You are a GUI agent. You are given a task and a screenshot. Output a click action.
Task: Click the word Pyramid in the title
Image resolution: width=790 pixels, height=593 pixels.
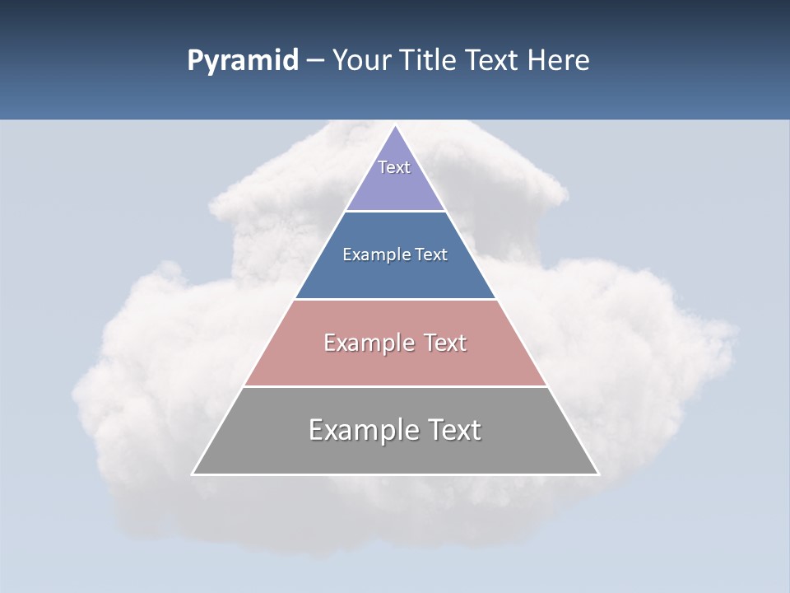pos(243,61)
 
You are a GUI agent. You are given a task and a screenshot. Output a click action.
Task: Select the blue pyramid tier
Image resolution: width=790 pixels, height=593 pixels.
pos(395,276)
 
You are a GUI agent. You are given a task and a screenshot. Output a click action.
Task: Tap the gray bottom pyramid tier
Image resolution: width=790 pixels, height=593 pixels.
pos(395,453)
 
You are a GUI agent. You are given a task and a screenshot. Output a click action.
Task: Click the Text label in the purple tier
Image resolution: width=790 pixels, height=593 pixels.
pos(394,167)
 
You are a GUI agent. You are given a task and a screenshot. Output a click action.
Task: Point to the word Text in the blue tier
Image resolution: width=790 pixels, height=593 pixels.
pos(431,254)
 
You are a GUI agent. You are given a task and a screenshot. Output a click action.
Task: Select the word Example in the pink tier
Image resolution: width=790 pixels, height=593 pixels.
pos(367,343)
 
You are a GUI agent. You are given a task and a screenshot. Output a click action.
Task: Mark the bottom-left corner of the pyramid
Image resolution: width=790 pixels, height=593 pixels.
pos(193,474)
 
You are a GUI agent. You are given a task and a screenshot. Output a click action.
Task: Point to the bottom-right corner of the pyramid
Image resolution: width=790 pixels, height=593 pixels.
pos(598,474)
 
